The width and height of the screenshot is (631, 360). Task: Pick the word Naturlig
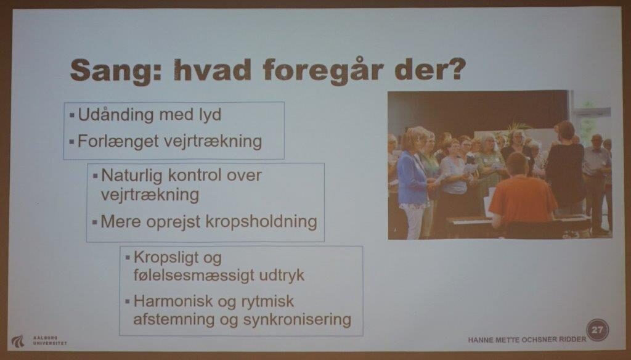tap(131, 176)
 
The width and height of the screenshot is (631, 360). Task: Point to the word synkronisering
tap(297, 320)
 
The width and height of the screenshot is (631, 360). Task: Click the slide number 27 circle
tap(597, 330)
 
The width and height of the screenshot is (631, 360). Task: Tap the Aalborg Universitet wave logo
tap(18, 342)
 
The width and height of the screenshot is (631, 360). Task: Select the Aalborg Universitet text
tap(50, 341)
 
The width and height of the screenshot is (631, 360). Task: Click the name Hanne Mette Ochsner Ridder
tap(527, 340)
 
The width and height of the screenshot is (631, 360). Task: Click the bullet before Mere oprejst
tap(94, 223)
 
